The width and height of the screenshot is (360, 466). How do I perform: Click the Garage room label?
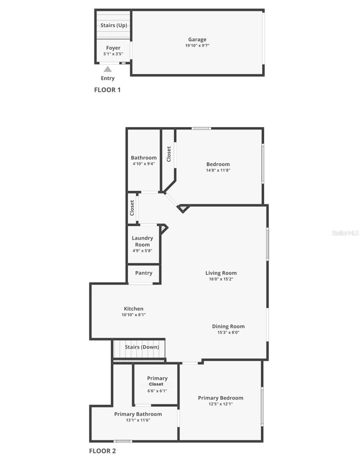coord(197,39)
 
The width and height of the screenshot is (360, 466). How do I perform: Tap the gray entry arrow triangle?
coord(108,69)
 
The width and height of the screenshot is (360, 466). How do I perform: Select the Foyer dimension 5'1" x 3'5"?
coord(113,54)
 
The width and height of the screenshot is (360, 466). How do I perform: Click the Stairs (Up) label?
coord(114,25)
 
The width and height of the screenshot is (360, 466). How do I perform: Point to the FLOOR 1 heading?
coord(107,90)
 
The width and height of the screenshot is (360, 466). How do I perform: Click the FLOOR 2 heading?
coord(103,451)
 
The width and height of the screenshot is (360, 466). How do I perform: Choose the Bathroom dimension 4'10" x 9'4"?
coord(144,164)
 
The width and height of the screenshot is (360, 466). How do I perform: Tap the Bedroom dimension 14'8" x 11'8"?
coord(218,170)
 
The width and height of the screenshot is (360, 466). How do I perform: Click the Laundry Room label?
coord(142,241)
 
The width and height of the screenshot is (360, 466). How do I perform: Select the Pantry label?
coord(144,273)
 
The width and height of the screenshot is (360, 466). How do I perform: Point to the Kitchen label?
coord(134,309)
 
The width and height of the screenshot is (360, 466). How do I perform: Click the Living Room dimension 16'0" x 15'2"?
coord(221,279)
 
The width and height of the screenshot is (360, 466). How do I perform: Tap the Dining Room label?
coord(228,326)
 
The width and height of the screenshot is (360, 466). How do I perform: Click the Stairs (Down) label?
coord(142,347)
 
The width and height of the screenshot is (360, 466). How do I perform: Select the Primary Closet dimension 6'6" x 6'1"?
coord(157,391)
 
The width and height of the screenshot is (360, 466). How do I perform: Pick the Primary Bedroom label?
coord(221,398)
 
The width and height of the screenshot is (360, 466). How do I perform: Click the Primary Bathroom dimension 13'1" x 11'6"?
coord(138,420)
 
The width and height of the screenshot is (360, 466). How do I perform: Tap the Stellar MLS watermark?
coord(345,233)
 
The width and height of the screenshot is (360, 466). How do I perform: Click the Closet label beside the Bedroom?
coord(169,154)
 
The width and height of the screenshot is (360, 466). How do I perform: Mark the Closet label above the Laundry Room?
coord(132,208)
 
